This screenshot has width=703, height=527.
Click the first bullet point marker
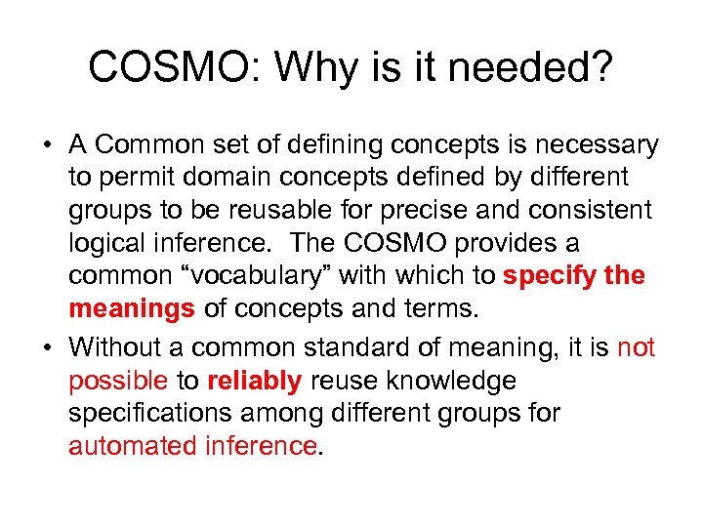click(x=47, y=146)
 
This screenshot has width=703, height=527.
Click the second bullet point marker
click(x=47, y=347)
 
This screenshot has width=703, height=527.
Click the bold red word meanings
click(x=132, y=309)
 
